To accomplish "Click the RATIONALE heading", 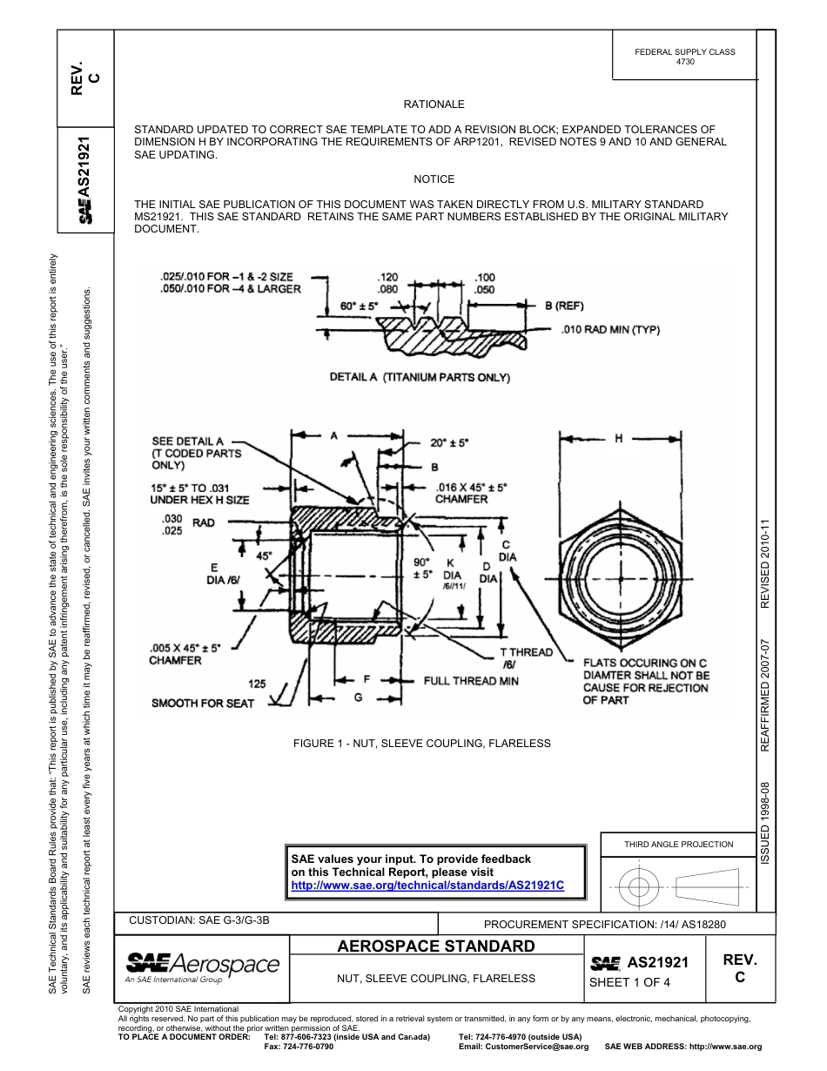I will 434,104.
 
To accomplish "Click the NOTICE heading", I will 434,179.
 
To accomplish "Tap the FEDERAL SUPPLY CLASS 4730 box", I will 684,57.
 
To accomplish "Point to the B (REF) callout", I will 563,306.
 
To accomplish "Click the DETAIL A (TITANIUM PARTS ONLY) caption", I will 420,377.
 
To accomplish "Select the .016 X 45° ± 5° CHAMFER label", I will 470,494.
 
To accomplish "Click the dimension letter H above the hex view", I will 619,439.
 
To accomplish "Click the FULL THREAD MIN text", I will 471,680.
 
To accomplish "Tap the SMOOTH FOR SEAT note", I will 202,702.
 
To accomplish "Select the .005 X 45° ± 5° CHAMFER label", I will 185,654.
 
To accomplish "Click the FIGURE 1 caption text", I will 422,743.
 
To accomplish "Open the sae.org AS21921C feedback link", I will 427,885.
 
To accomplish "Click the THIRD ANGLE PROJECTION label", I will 678,844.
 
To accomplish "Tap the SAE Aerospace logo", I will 202,967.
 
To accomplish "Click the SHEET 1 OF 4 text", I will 629,983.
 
